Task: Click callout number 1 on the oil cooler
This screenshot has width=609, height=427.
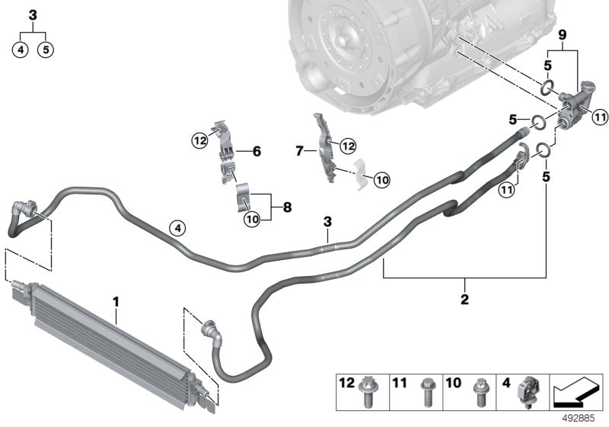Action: coord(116,303)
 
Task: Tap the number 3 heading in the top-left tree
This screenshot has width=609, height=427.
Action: coord(32,14)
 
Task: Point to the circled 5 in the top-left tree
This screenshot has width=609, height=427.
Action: coord(46,50)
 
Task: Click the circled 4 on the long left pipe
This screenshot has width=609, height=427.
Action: coord(176,227)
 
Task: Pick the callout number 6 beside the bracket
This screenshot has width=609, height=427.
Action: coord(256,152)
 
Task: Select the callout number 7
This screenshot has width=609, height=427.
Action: coord(300,152)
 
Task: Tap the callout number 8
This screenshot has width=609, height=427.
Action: coord(287,206)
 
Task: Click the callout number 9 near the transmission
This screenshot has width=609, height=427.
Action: coord(563,34)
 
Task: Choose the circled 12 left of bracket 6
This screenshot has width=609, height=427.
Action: coord(199,140)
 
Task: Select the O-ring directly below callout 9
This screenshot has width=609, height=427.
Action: coord(547,85)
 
